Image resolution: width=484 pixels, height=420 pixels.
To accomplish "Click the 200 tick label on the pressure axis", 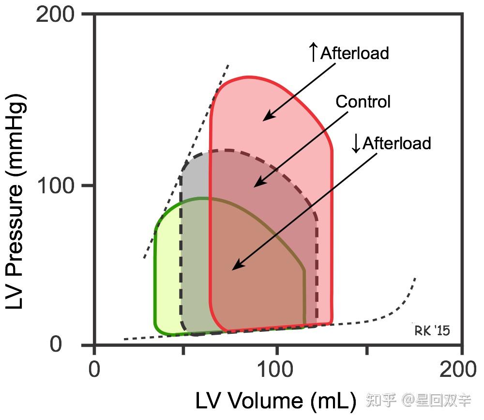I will click(56, 15).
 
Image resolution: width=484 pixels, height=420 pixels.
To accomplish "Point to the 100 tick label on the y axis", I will click(56, 186).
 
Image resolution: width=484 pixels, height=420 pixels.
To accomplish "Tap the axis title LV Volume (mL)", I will click(276, 401).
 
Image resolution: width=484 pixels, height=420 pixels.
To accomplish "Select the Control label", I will click(363, 102).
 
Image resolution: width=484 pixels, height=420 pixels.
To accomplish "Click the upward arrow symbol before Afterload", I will click(314, 52).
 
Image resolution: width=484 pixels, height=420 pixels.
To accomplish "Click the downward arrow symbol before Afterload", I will click(356, 143).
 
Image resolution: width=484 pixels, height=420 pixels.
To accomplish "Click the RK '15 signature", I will click(432, 331).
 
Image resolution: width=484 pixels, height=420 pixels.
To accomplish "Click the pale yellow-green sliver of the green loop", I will click(167, 281).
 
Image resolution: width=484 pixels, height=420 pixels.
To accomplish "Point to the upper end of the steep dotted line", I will click(228, 65).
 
